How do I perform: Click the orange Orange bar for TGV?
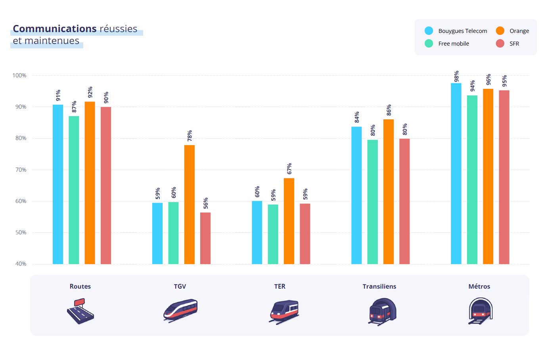point(190,205)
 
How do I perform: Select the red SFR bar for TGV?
point(205,238)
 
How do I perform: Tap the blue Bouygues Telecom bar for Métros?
point(456,174)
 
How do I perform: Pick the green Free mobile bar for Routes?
point(74,190)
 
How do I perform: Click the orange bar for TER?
point(289,221)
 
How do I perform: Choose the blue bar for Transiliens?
point(356,195)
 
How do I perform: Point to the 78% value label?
point(190,136)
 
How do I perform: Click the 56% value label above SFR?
point(206,203)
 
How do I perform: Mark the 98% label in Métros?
point(457,76)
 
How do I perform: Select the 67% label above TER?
point(289,169)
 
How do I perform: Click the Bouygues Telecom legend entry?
point(456,31)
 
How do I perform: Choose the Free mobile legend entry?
point(447,44)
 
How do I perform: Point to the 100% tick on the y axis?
point(19,75)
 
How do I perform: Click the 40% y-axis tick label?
point(21,264)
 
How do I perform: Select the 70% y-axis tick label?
point(21,170)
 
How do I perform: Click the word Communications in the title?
point(55,29)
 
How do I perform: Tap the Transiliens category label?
point(379,286)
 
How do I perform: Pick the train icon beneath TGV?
point(180,310)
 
